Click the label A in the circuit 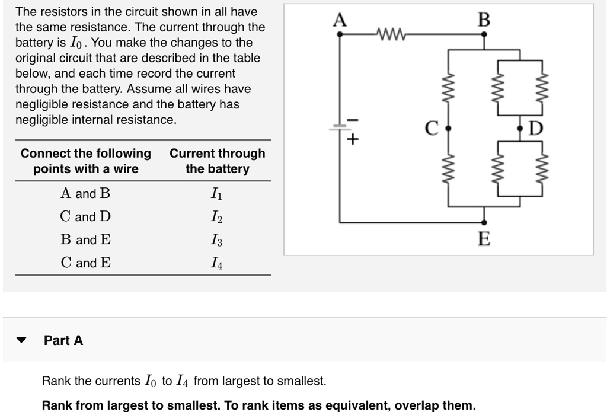coord(340,20)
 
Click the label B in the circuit coord(484,20)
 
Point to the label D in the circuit coord(535,127)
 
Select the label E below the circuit coord(484,239)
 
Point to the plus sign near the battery coord(353,140)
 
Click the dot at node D coord(520,127)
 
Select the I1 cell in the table coord(217,193)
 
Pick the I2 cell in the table coord(217,217)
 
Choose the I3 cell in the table coord(217,240)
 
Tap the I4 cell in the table coord(217,263)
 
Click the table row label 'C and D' coord(85,217)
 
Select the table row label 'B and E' coord(85,240)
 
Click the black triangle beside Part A coord(22,341)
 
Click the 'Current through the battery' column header coord(217,161)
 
